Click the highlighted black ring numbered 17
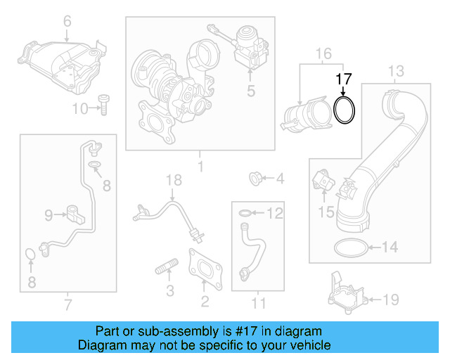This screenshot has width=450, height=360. (344, 111)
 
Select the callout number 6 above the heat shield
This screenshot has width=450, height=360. (67, 21)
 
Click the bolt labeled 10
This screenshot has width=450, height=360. (104, 104)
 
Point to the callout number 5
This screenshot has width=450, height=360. (250, 91)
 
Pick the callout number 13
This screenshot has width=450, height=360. (397, 70)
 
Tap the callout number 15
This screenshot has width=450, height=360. (326, 210)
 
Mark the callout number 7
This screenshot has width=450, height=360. (67, 304)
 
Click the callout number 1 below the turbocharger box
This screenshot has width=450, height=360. (199, 167)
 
